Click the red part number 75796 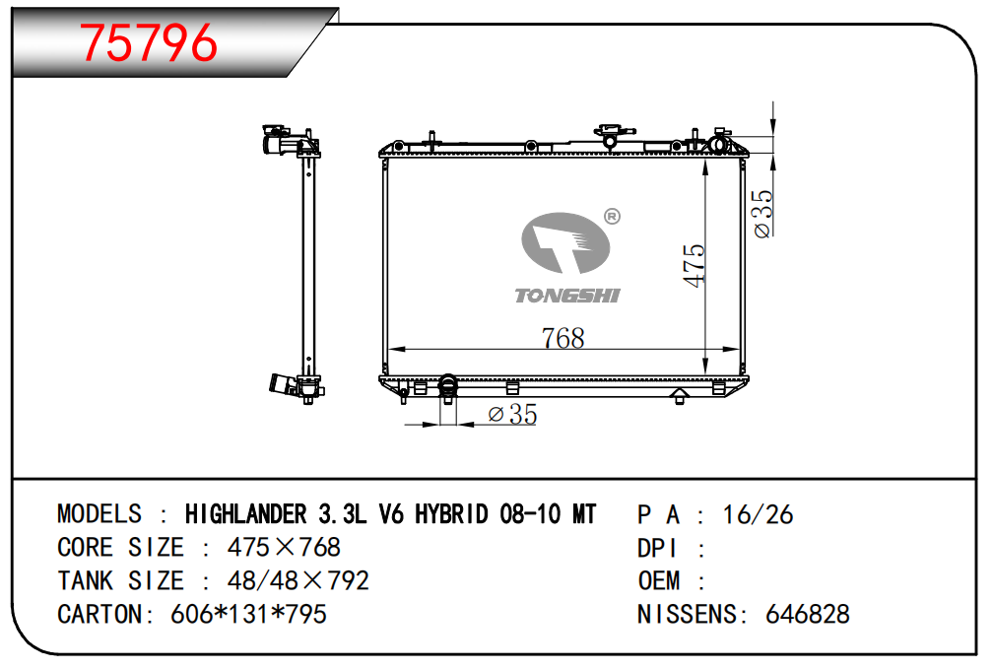[x=148, y=42]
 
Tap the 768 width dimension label [x=563, y=338]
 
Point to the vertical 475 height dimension [x=695, y=265]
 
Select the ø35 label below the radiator [x=512, y=415]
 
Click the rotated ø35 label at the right [x=763, y=214]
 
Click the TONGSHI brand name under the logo [x=566, y=296]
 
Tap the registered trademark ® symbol [x=612, y=217]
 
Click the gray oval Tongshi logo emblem [x=564, y=242]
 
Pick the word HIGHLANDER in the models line [x=245, y=513]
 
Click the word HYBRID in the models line [x=451, y=513]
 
